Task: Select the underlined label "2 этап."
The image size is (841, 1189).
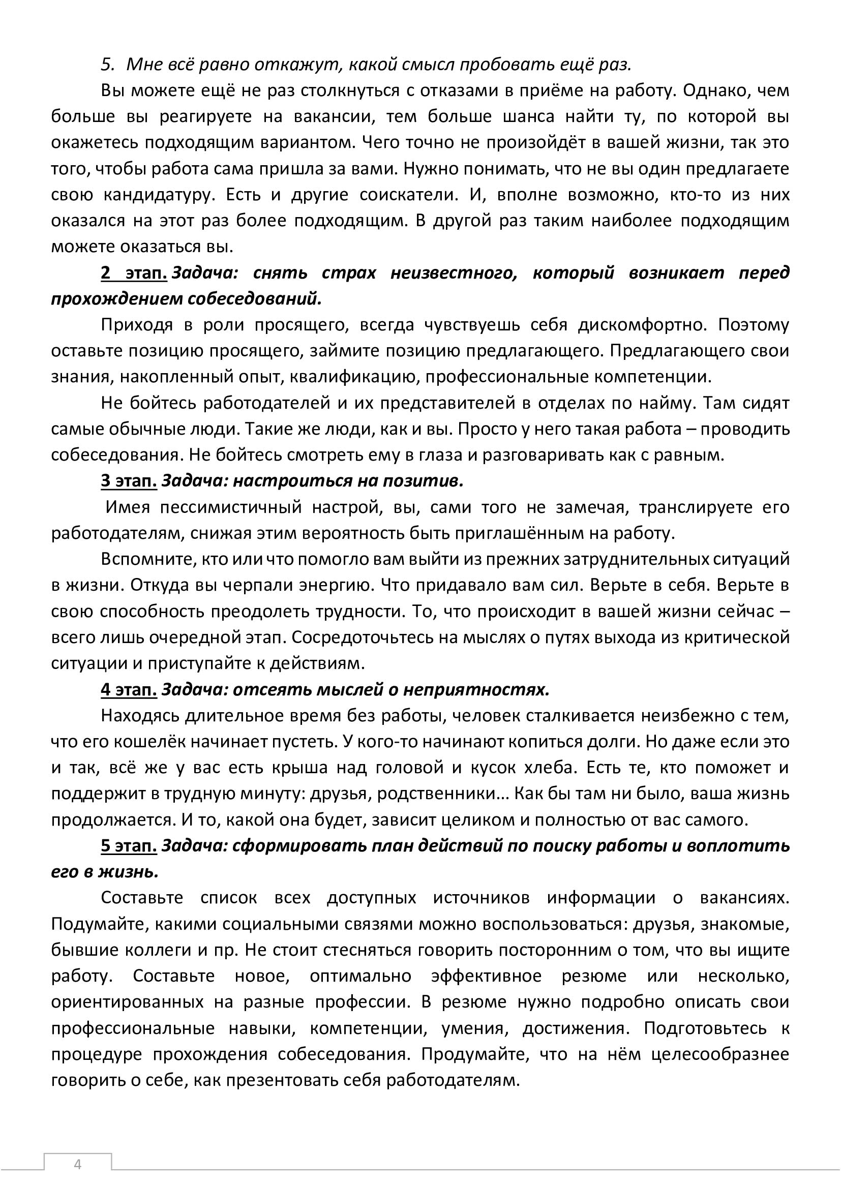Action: (134, 273)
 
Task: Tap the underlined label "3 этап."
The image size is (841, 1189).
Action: (129, 481)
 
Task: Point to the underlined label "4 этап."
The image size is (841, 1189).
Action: (129, 690)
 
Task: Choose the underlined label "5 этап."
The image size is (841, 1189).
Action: (129, 846)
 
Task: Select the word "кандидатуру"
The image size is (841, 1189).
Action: (158, 195)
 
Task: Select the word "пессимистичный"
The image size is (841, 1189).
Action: (231, 507)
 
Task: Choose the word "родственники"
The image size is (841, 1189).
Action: (426, 794)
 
